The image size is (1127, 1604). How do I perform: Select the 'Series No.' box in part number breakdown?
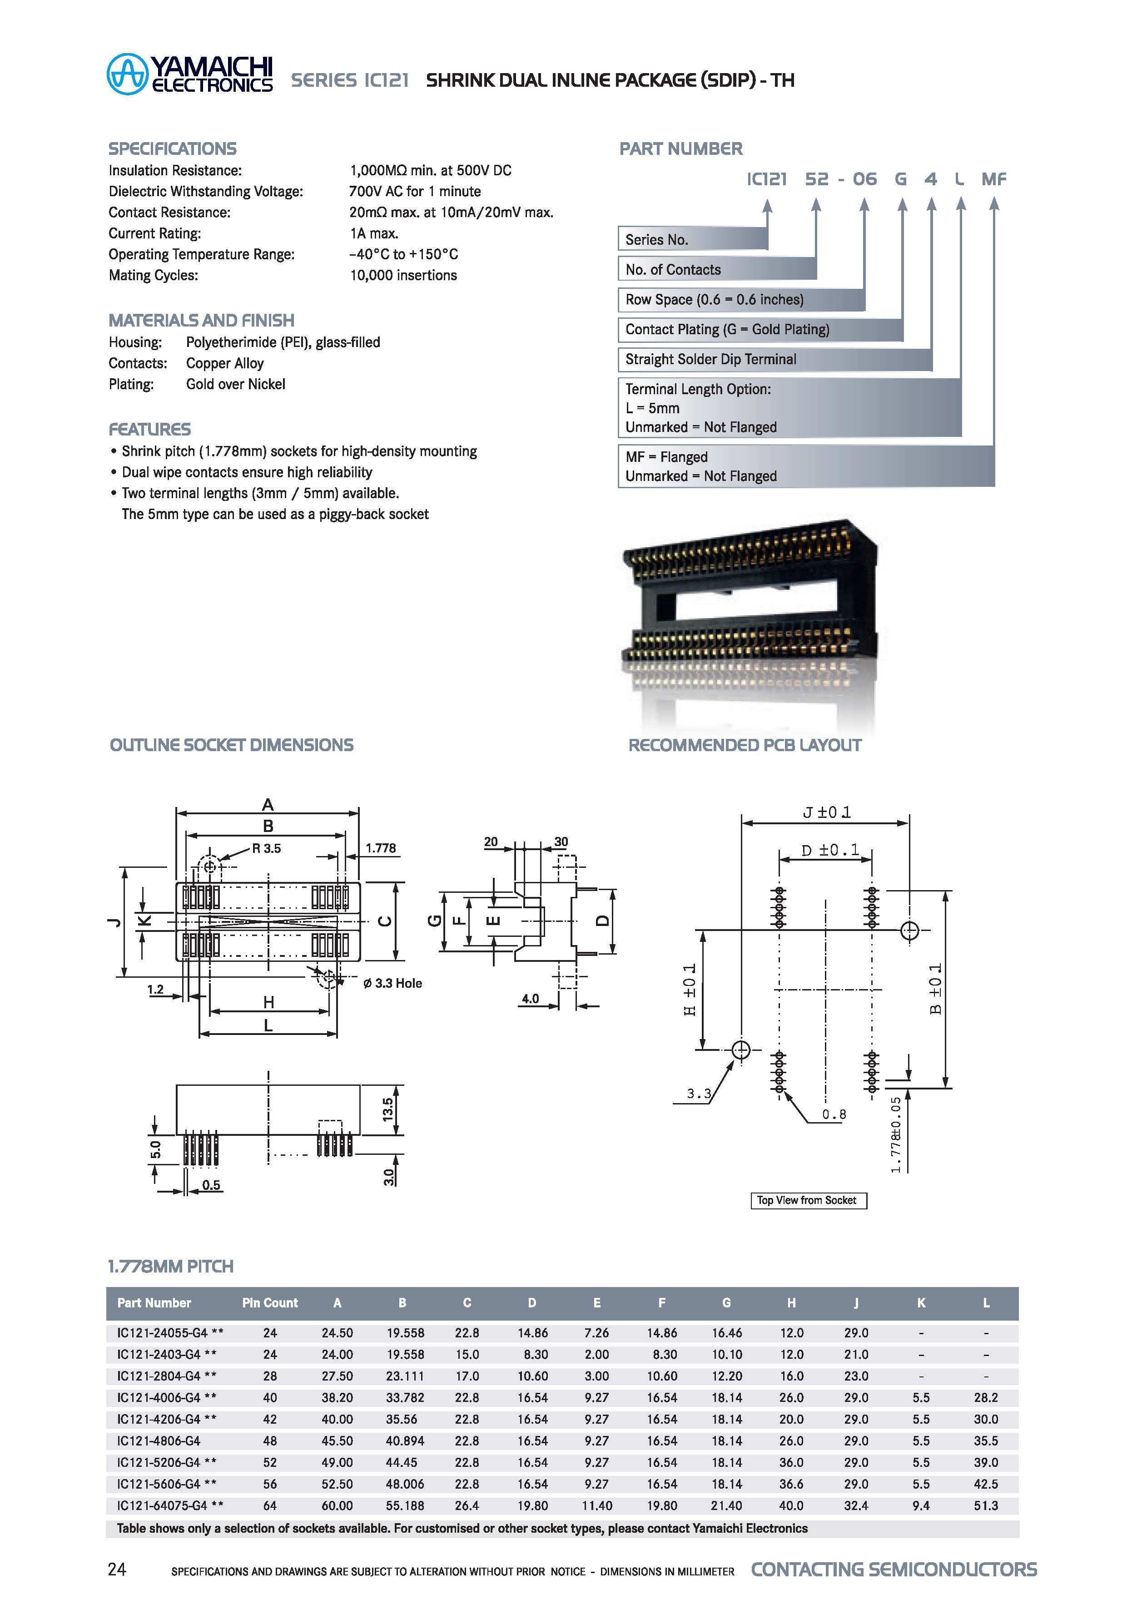point(692,239)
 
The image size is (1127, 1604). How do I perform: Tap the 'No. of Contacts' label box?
point(716,269)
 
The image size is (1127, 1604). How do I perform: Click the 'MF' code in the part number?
point(993,179)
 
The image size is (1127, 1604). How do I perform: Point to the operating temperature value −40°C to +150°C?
point(403,254)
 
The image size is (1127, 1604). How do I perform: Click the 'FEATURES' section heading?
point(149,429)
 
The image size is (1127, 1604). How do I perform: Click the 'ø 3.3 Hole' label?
point(392,983)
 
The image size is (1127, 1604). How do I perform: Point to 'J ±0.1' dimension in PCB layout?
point(827,812)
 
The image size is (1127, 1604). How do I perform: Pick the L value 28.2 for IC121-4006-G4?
point(985,1397)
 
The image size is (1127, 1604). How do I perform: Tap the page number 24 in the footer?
point(117,1569)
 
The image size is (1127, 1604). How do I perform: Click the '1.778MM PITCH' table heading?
point(170,1266)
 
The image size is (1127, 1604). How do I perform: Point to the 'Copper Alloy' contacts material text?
point(224,363)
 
